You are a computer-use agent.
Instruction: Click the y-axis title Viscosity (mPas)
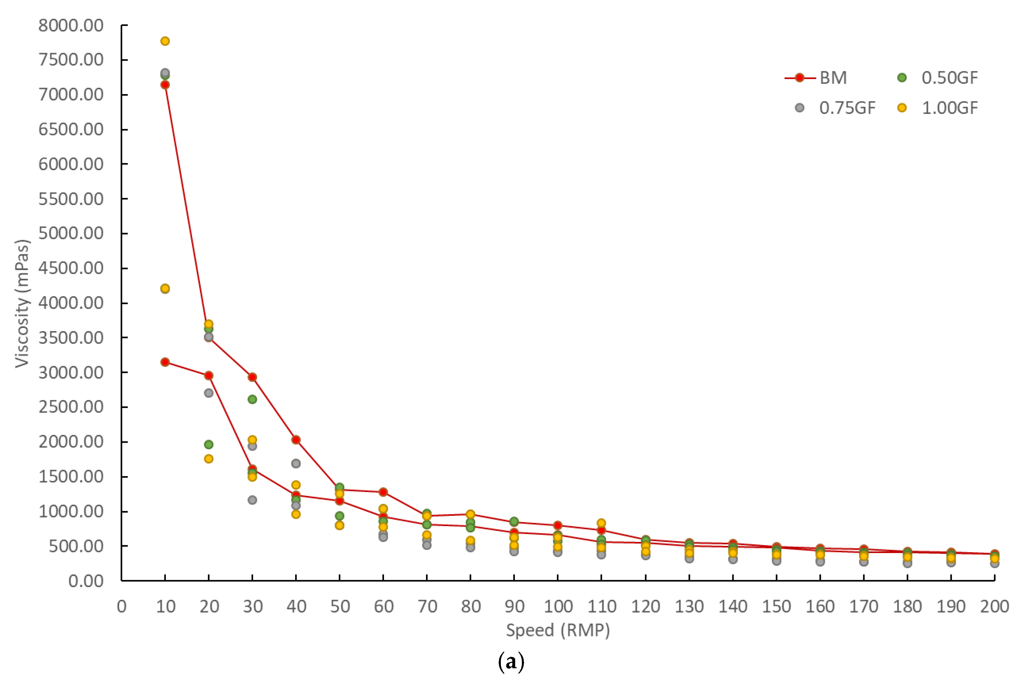click(22, 303)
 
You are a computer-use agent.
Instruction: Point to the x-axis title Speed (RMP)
click(558, 630)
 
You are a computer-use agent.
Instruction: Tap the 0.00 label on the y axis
click(86, 581)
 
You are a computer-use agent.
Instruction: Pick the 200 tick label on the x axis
click(994, 606)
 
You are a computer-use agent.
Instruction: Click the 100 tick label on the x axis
click(558, 606)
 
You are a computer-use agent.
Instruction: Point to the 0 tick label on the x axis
click(122, 606)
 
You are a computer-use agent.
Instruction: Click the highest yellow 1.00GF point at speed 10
click(165, 41)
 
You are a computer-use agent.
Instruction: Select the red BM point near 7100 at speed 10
click(165, 85)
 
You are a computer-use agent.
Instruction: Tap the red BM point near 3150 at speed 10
click(165, 362)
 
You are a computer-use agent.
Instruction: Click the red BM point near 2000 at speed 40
click(296, 440)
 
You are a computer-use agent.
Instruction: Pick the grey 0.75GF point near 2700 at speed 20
click(209, 393)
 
